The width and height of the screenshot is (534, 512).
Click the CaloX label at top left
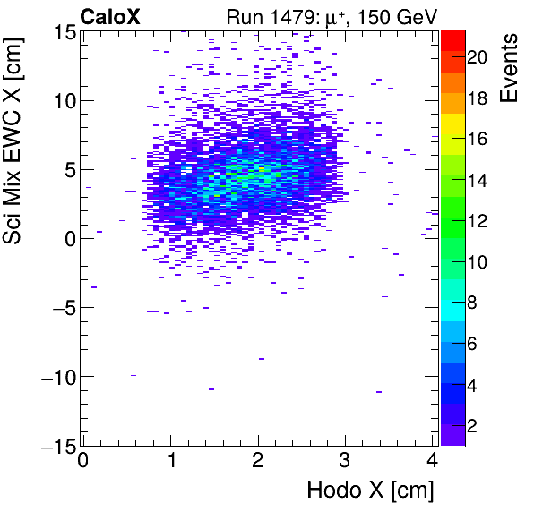coord(109,15)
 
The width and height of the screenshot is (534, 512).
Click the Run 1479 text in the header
coord(271,15)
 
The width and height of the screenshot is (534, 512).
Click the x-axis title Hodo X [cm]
coord(370,491)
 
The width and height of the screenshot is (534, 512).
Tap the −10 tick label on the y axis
coord(56,376)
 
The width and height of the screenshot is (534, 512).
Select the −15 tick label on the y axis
coord(56,445)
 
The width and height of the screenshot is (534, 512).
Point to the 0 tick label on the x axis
coord(82,461)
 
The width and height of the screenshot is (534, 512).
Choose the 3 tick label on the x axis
coord(346,461)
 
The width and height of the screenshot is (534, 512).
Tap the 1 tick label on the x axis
coord(170,461)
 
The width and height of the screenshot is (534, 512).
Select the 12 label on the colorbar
coord(476,221)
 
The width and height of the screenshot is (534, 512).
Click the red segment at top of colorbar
coord(452,39)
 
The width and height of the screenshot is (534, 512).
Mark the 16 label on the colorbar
coord(476,140)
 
